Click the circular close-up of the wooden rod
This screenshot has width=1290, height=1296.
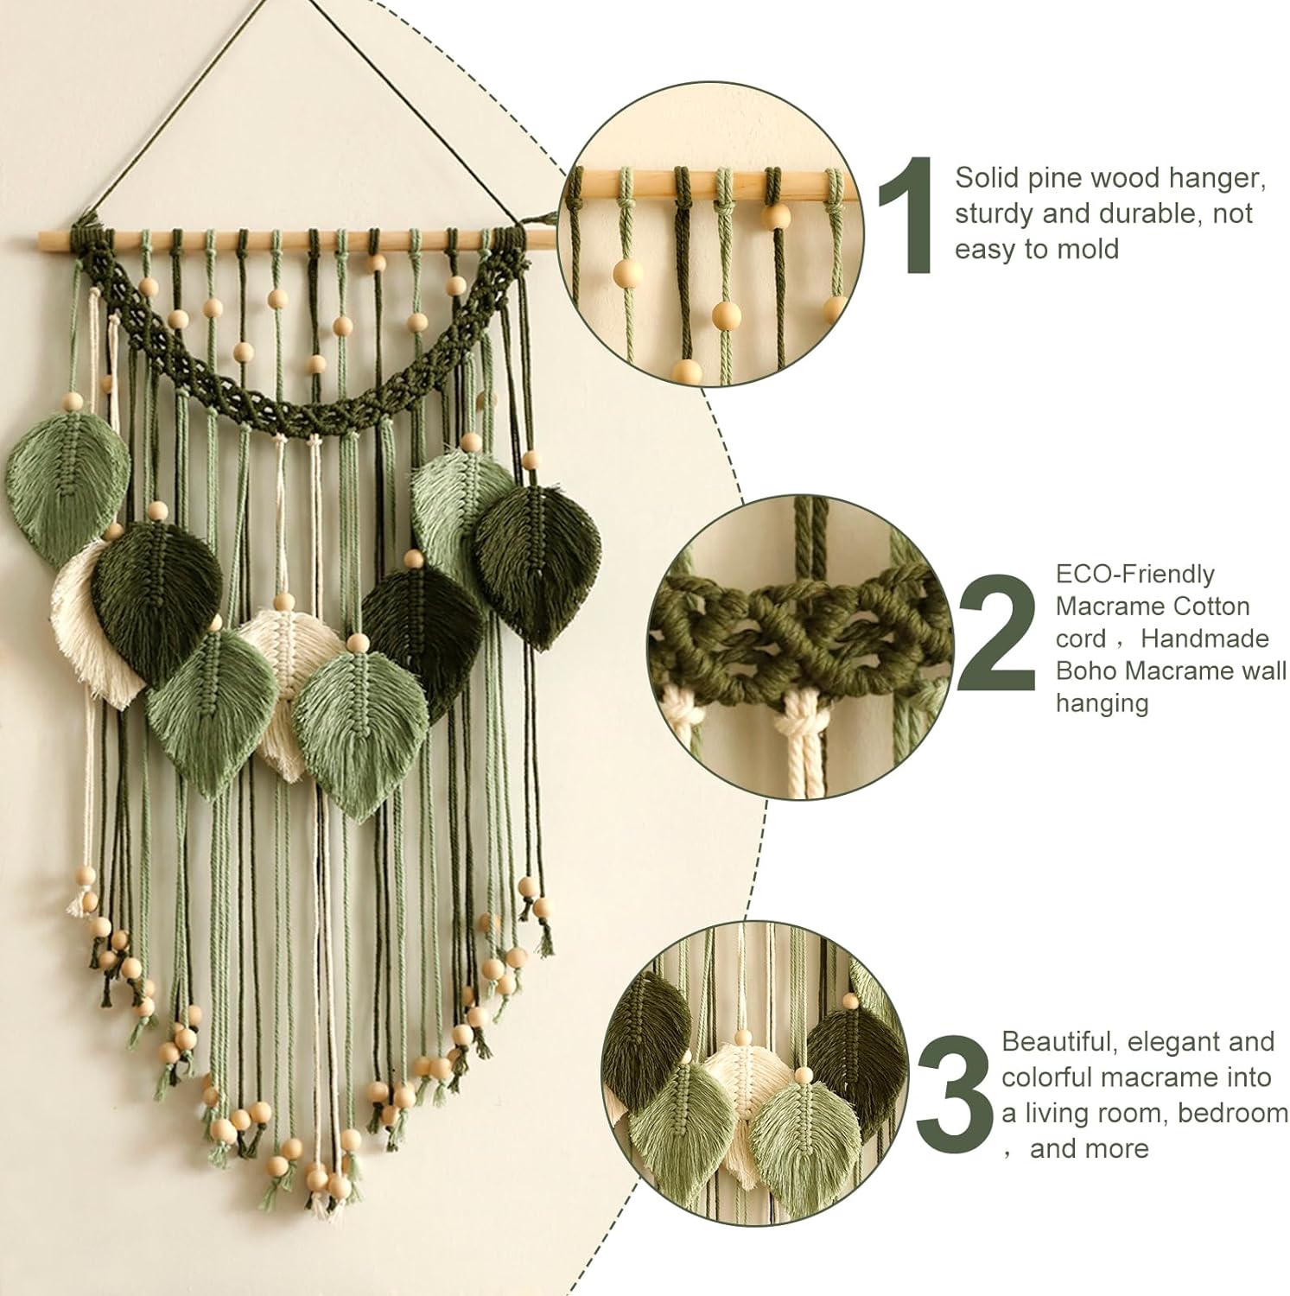713,251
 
